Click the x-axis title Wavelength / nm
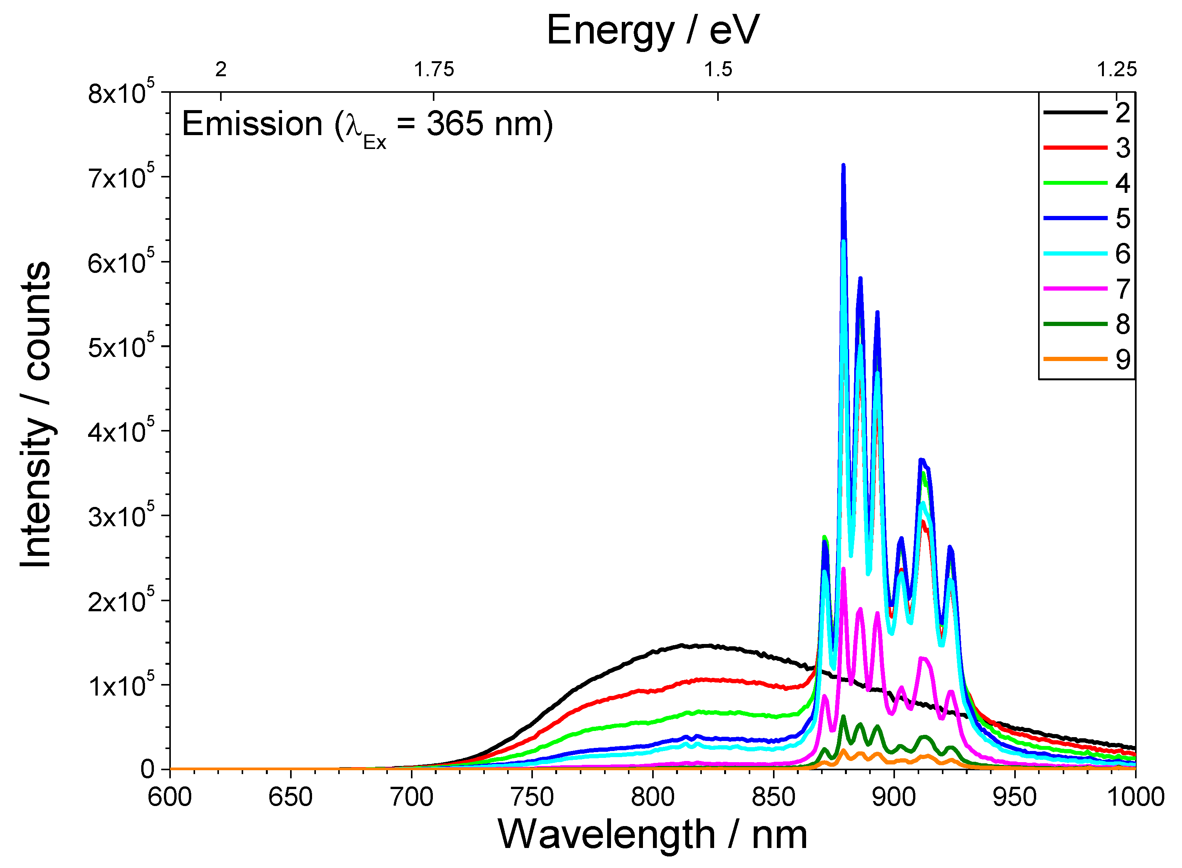coord(652,835)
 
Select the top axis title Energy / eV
coord(653,30)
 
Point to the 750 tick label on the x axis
coord(531,797)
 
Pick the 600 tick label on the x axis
coord(170,797)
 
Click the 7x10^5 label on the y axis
coord(121,179)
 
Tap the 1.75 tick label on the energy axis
coord(434,69)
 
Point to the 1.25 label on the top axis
coord(1116,69)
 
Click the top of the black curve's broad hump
coord(683,645)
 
